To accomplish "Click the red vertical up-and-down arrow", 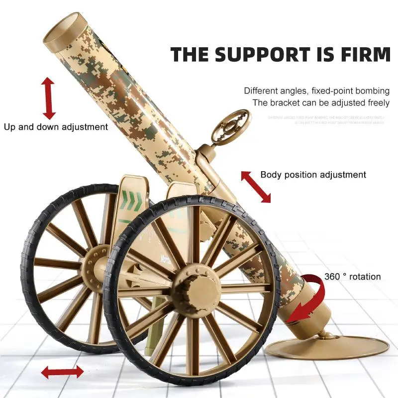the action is tap(49, 98).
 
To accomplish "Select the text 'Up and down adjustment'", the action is tap(56, 127).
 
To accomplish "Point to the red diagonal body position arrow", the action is tap(256, 187).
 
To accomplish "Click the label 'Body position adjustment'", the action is tap(313, 175).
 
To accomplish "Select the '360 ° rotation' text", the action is tap(352, 277).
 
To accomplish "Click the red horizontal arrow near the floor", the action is tap(62, 372).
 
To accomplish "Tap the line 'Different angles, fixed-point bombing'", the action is tap(316, 91).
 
